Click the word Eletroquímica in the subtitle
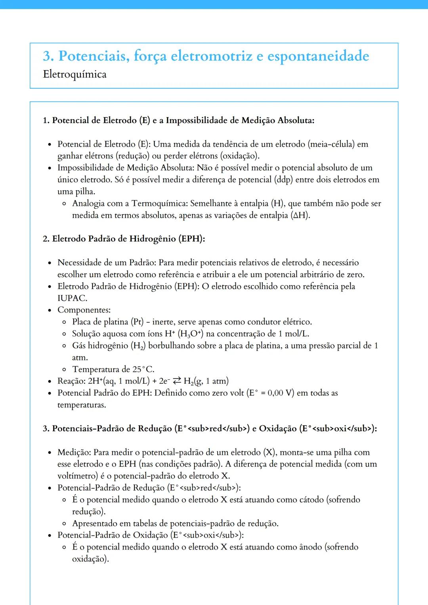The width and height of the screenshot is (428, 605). tap(75, 74)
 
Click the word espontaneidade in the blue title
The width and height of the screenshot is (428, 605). tap(318, 56)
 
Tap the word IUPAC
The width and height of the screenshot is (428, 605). tap(72, 298)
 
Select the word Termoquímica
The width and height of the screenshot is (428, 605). tap(159, 204)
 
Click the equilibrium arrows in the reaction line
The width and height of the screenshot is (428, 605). tap(177, 381)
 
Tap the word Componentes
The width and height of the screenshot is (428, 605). tap(84, 310)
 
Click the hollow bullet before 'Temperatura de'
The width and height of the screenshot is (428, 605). tap(64, 370)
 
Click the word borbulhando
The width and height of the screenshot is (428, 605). tap(172, 346)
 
